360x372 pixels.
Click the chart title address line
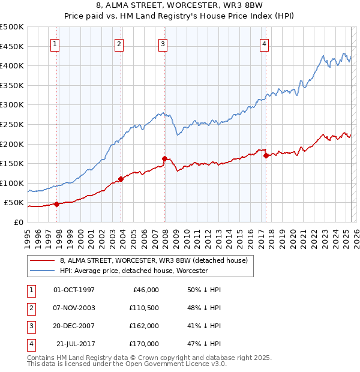pos(180,5)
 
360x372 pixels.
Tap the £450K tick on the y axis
pos(12,46)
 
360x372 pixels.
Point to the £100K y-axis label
pos(12,183)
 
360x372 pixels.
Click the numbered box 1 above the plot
pos(55,43)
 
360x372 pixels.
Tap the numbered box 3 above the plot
pos(163,43)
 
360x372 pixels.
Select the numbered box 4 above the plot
pos(264,43)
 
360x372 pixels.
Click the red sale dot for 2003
pos(121,179)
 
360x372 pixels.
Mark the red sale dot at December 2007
pos(164,158)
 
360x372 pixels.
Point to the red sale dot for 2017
pos(265,155)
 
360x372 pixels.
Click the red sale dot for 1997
pos(56,204)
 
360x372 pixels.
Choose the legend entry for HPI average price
pos(133,271)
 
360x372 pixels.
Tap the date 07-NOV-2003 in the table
pos(74,308)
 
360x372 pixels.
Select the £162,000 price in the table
pos(144,326)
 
